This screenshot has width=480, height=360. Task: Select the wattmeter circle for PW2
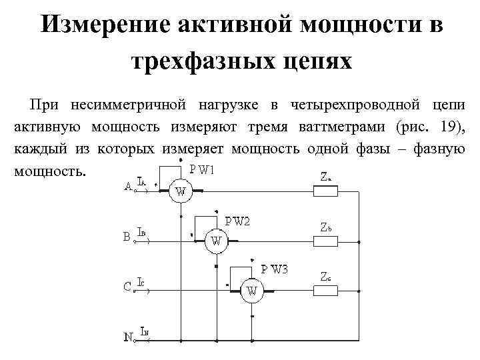point(216,241)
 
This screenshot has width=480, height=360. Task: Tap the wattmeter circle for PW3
point(252,290)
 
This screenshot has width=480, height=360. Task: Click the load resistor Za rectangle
point(325,191)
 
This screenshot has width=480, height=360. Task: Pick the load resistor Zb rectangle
point(325,240)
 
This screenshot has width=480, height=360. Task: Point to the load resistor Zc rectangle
point(325,289)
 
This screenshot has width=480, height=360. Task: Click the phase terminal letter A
point(128,188)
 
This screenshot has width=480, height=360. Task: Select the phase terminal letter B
point(127,237)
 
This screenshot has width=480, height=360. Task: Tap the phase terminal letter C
point(127,287)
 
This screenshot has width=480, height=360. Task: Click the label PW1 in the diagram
point(201,169)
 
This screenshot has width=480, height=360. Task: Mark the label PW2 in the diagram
point(237,221)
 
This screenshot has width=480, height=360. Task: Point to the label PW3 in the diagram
point(275,269)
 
